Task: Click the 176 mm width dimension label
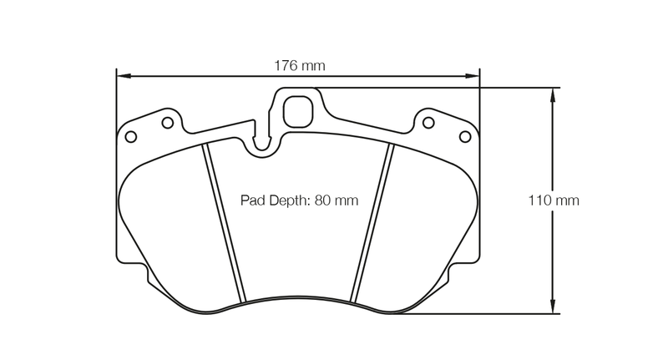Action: tap(299, 65)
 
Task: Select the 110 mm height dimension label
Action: tap(553, 200)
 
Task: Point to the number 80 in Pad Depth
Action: tap(322, 200)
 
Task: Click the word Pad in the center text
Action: tap(252, 200)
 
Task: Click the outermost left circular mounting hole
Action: tap(129, 136)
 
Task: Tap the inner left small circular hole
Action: tap(167, 123)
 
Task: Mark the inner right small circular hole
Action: tap(428, 123)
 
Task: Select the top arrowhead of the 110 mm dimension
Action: tap(552, 93)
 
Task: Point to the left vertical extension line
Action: tap(115, 167)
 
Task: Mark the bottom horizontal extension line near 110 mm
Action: tap(476, 315)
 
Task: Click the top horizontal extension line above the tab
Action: tap(434, 87)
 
